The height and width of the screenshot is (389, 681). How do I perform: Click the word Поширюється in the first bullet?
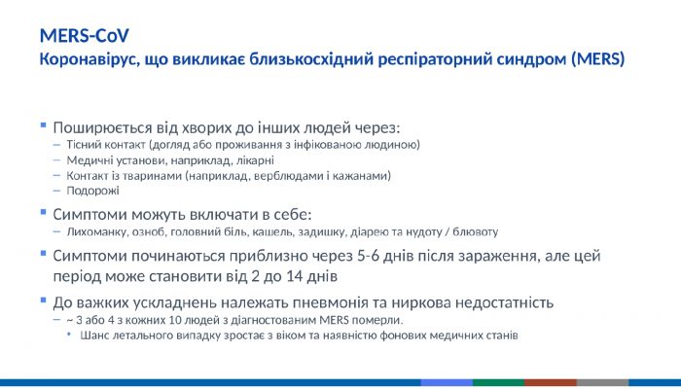pos(100,127)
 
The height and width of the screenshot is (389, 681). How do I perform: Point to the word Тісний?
pos(85,145)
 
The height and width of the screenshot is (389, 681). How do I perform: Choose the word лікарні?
pos(255,160)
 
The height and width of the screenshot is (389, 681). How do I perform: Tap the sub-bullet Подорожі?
pos(93,192)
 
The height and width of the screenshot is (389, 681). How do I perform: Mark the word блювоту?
pos(475,232)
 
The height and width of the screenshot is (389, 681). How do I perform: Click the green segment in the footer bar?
pos(498,383)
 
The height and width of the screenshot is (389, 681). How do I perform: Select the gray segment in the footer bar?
pos(602,383)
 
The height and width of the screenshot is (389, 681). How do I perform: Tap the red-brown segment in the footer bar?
pos(551,383)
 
